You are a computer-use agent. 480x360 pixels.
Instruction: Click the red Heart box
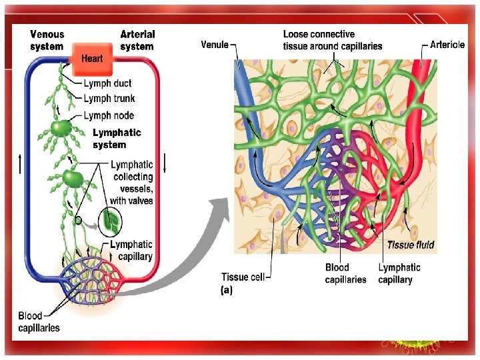click(92, 58)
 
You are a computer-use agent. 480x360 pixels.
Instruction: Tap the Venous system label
click(47, 40)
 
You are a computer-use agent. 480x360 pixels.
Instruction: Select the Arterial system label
click(137, 40)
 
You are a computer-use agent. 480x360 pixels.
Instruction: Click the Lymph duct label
click(107, 83)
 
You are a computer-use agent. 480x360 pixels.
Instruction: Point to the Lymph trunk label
click(109, 99)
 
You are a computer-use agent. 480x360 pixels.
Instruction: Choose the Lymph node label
click(109, 115)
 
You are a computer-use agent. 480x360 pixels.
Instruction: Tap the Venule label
click(215, 45)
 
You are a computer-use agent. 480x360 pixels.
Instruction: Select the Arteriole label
click(448, 45)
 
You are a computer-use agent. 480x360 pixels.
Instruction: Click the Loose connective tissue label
click(332, 40)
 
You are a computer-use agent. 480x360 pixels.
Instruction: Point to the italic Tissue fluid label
click(411, 245)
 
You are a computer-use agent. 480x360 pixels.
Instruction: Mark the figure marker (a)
click(226, 291)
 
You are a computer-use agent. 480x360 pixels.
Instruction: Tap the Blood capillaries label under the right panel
click(345, 273)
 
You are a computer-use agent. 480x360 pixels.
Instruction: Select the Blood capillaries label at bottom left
click(39, 321)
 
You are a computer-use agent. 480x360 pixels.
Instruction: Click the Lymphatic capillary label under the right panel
click(399, 273)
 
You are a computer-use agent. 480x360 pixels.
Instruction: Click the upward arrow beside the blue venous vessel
click(21, 163)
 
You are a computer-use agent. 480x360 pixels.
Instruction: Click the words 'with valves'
click(131, 201)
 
